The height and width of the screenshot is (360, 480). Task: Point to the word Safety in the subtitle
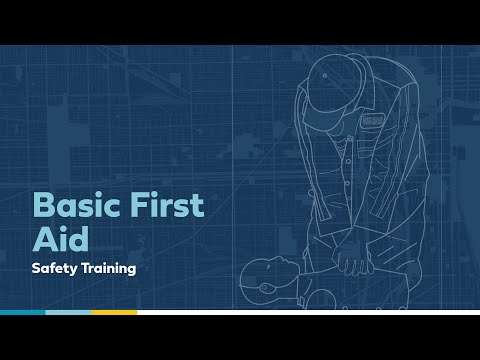tap(54, 269)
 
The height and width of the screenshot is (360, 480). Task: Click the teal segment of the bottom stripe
tap(22, 313)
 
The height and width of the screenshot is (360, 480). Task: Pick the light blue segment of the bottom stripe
tap(68, 313)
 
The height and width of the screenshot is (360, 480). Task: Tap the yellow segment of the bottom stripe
tap(114, 313)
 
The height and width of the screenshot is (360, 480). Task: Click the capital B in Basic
tap(44, 205)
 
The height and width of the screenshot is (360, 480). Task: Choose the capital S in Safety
tap(36, 269)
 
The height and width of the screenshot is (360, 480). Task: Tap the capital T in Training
tap(87, 269)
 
